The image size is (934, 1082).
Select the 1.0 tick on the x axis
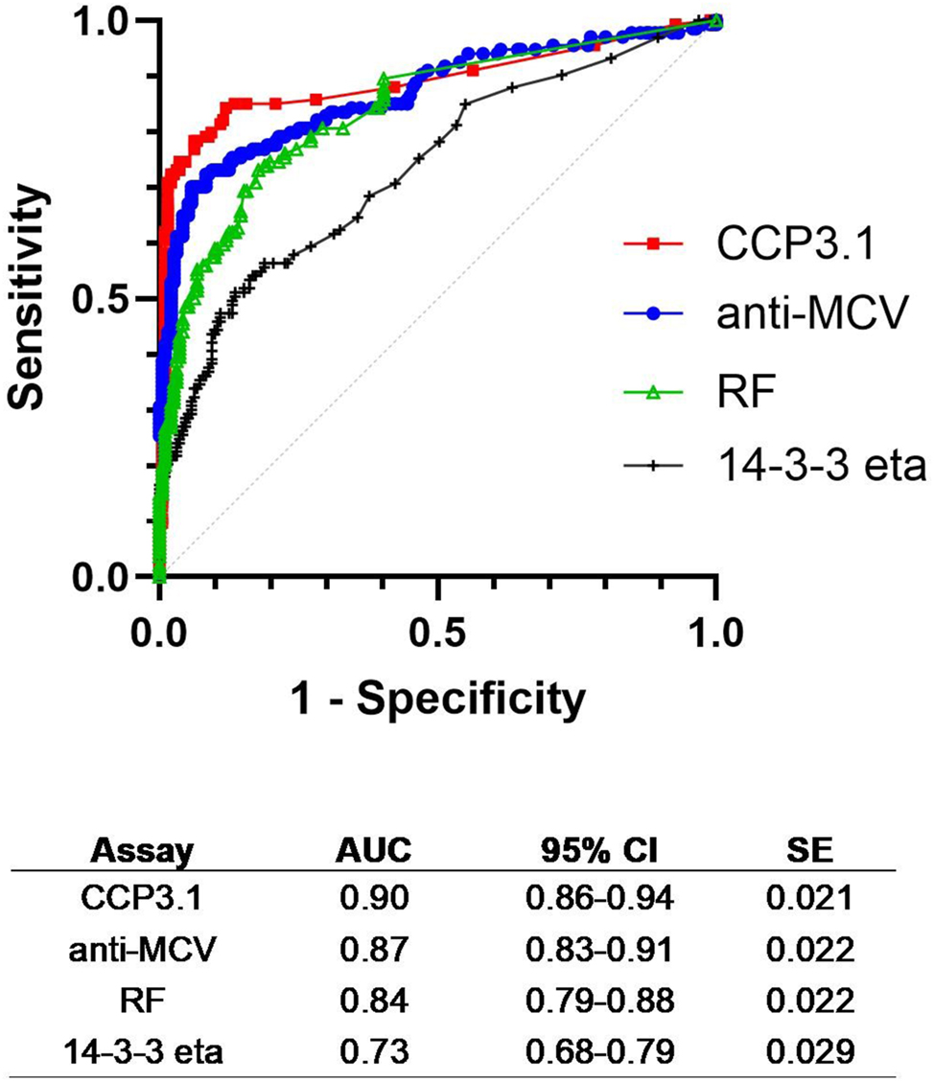(714, 633)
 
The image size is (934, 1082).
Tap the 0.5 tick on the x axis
(437, 633)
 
